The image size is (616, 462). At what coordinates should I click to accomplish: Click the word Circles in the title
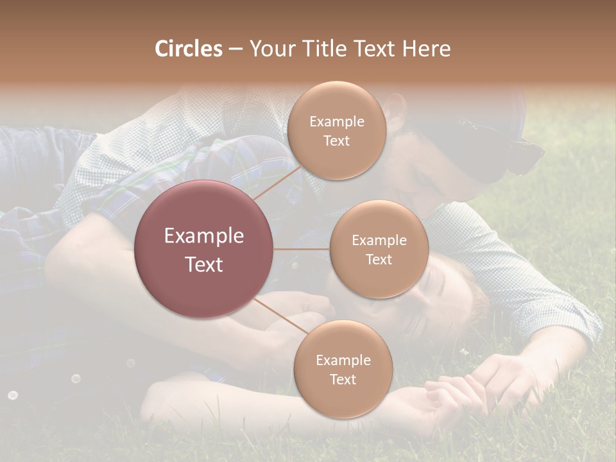(x=189, y=49)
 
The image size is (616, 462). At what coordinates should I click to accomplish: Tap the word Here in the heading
(x=426, y=49)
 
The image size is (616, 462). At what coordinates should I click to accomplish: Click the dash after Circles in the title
(x=235, y=49)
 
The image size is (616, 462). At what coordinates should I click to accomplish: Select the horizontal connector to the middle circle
(x=302, y=249)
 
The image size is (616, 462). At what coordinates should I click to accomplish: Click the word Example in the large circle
(x=204, y=236)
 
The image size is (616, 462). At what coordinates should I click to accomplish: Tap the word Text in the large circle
(x=204, y=264)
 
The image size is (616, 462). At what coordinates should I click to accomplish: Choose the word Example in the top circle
(x=336, y=122)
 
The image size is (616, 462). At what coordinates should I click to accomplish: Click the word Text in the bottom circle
(x=343, y=379)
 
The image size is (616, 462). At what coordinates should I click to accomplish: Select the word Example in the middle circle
(x=379, y=241)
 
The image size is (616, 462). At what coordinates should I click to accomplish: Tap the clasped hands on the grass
(x=449, y=388)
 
